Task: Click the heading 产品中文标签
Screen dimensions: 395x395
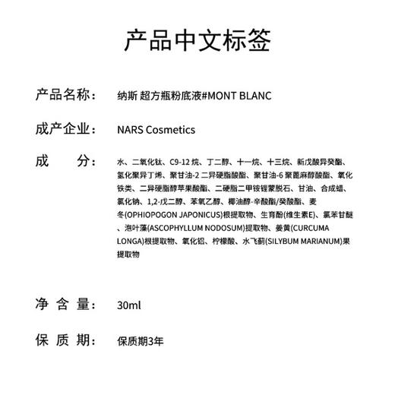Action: click(x=197, y=41)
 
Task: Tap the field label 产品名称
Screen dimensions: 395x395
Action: click(x=66, y=96)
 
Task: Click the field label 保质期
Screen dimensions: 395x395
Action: click(x=66, y=338)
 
